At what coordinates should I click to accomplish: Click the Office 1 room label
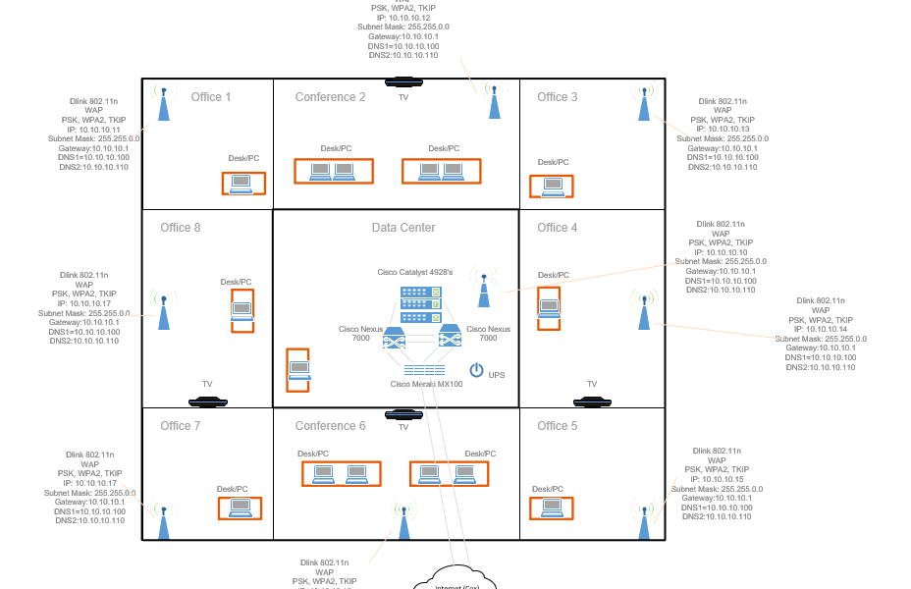pos(211,97)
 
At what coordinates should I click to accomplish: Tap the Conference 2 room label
pos(330,97)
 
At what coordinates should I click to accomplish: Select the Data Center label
pos(402,228)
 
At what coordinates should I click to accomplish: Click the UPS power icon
pos(477,370)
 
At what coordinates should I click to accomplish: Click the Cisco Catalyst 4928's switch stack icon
pos(420,303)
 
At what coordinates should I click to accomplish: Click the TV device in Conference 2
pos(402,82)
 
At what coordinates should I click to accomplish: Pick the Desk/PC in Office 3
pos(551,187)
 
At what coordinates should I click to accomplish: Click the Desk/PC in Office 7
pos(240,508)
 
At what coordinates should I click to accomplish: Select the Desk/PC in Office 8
pos(241,311)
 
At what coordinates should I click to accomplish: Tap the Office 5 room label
pos(558,426)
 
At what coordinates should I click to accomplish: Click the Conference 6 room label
pos(330,426)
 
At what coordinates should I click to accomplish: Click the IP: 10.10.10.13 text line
pos(723,129)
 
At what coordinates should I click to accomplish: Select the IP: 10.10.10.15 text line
pos(717,479)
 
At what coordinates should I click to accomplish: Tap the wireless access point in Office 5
pos(644,521)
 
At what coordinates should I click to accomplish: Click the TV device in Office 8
pos(207,401)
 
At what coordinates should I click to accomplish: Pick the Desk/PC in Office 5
pos(551,508)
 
